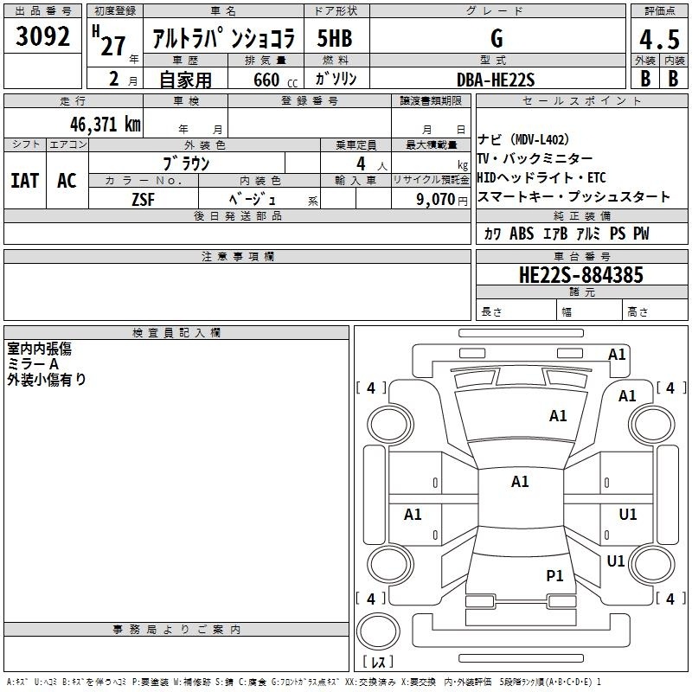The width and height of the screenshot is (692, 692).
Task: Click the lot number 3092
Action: click(x=42, y=36)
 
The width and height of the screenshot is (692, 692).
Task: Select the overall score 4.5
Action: click(x=659, y=39)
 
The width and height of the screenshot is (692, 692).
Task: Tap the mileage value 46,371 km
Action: click(x=105, y=125)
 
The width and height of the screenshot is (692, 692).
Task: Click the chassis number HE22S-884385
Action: click(x=581, y=275)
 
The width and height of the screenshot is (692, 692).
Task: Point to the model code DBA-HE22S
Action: click(x=496, y=80)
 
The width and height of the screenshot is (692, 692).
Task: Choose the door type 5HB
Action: click(x=335, y=38)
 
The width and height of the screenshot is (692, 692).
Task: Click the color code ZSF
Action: click(x=143, y=200)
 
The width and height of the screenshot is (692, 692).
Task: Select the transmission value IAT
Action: click(x=25, y=181)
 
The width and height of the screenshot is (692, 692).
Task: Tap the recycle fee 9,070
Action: click(x=436, y=199)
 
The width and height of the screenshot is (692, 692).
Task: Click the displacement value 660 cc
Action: click(x=275, y=80)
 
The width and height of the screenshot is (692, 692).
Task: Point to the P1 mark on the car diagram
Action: click(x=554, y=575)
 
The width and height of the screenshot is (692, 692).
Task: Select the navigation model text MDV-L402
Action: click(x=539, y=140)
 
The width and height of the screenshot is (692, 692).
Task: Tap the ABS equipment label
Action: click(x=522, y=234)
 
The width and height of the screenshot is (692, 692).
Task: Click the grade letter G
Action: click(x=497, y=38)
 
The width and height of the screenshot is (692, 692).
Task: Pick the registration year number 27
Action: click(x=113, y=46)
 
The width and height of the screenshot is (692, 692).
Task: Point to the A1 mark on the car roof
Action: click(x=520, y=482)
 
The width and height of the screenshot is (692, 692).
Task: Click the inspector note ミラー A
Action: click(x=33, y=364)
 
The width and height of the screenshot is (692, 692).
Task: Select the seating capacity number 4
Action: click(x=361, y=163)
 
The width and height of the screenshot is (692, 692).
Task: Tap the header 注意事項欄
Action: click(x=238, y=256)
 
